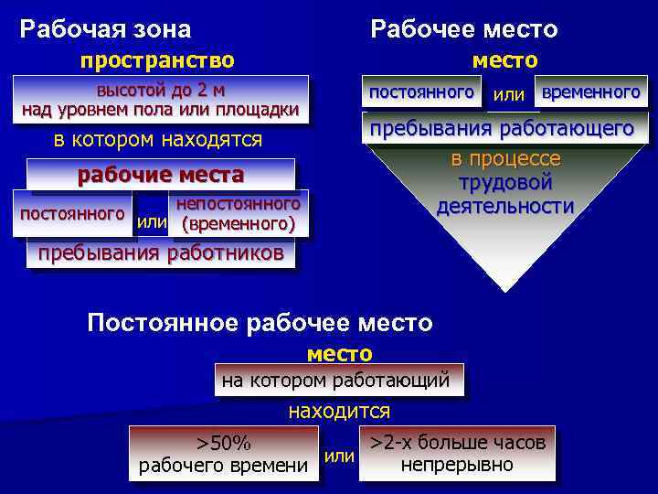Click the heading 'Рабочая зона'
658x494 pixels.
coord(105,29)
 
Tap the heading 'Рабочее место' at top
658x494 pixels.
coord(463,29)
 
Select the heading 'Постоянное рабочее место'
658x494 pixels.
coord(260,323)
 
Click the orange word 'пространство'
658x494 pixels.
coord(157,60)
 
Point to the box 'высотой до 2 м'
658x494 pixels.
coord(161,101)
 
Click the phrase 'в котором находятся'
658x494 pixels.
coord(158,140)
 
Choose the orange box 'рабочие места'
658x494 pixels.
coord(161,175)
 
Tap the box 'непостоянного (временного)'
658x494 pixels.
coord(239,213)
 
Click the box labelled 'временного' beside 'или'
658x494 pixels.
coord(590,92)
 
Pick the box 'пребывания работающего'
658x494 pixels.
coord(502,129)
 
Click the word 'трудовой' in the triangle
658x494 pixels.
coord(505,182)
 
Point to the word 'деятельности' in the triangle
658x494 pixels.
coord(505,205)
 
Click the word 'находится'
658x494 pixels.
coord(339,411)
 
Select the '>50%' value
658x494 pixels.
coord(223,444)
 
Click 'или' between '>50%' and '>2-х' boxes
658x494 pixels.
coord(339,455)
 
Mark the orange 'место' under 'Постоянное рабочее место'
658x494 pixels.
coord(339,353)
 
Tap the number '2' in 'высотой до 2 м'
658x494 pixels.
coord(192,91)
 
